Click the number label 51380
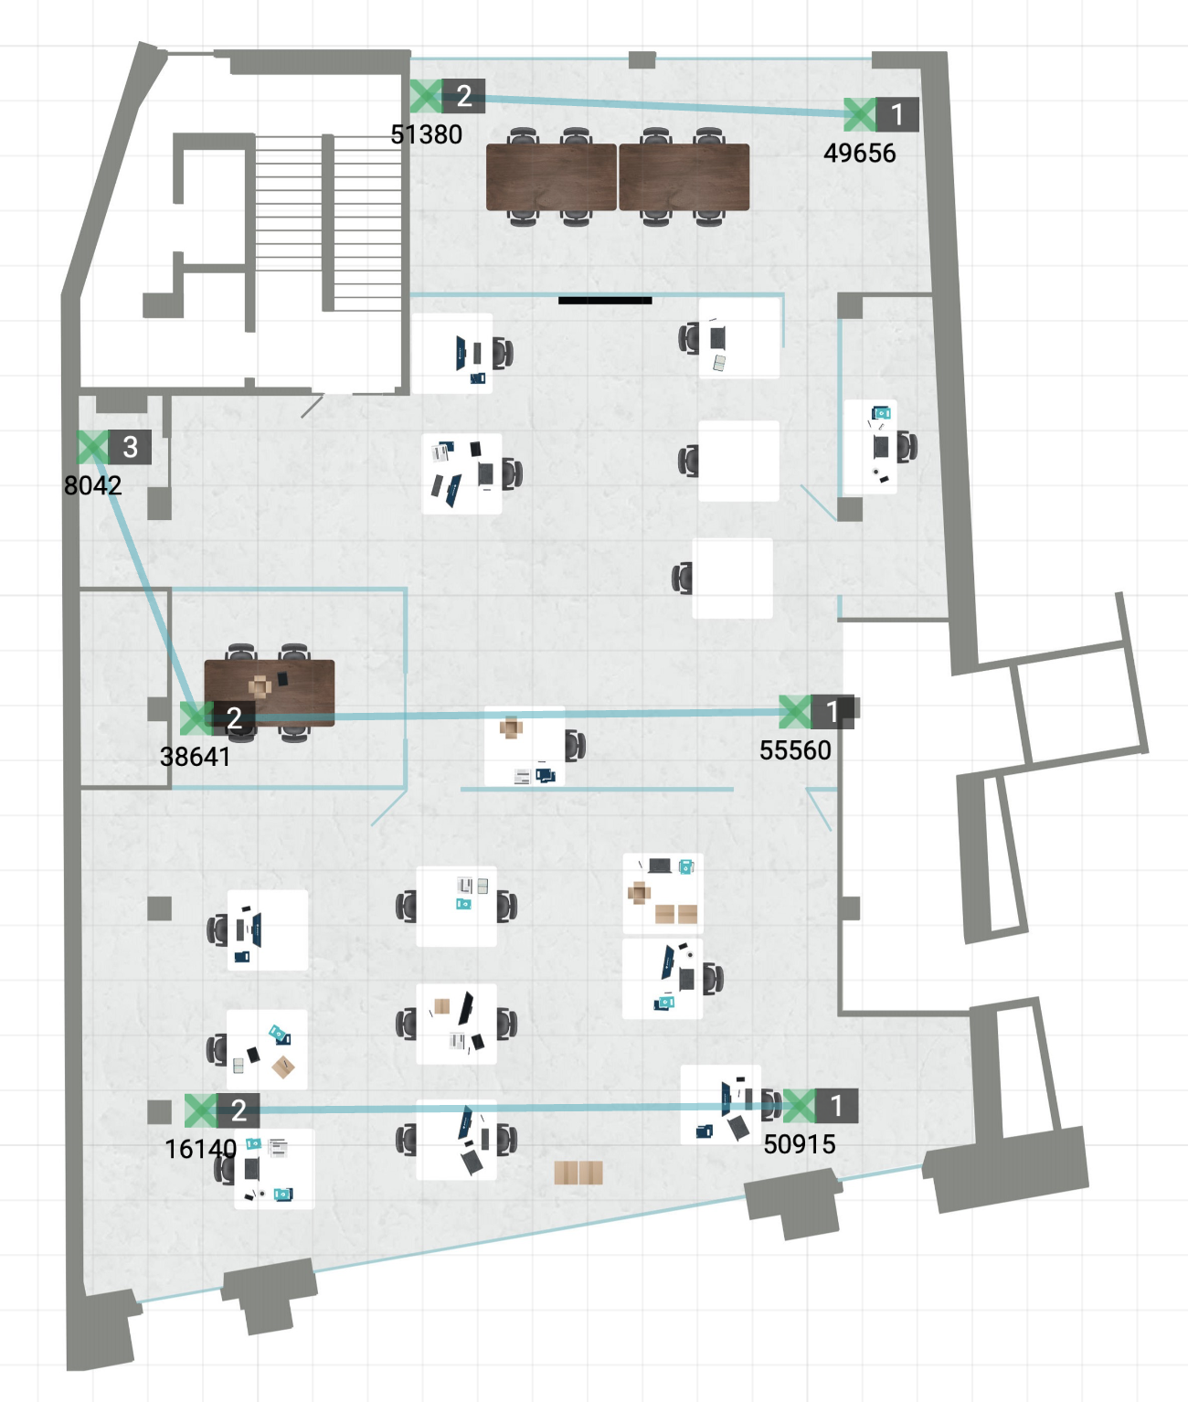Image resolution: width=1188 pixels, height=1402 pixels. point(427,134)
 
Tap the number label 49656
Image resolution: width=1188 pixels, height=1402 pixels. point(859,154)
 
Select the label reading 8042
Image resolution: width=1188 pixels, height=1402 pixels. point(93,485)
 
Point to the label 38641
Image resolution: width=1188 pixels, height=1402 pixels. point(196,757)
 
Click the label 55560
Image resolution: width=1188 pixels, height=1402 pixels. point(795,750)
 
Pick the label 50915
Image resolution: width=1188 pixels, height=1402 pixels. point(800,1144)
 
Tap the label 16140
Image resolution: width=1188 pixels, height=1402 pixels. point(201,1149)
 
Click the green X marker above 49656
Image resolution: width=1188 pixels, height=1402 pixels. point(860,114)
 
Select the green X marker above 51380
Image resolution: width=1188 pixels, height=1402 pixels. point(427,96)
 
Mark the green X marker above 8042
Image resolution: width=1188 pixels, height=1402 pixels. point(93,447)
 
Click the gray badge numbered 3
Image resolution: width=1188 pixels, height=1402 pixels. point(130,447)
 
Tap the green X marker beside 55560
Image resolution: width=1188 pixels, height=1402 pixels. point(795,712)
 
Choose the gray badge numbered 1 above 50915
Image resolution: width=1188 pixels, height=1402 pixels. point(836,1106)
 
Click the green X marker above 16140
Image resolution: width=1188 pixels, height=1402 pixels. point(201,1110)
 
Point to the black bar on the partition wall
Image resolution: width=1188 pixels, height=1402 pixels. point(605,300)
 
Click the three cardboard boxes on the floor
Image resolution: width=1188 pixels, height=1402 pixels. point(578,1172)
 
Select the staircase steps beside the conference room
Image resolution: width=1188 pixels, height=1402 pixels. point(328,223)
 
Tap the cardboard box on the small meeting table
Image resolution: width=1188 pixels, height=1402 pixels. point(260,686)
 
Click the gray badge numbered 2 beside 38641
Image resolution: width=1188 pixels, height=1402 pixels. point(234,717)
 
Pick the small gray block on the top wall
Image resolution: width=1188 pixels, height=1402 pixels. point(642,60)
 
